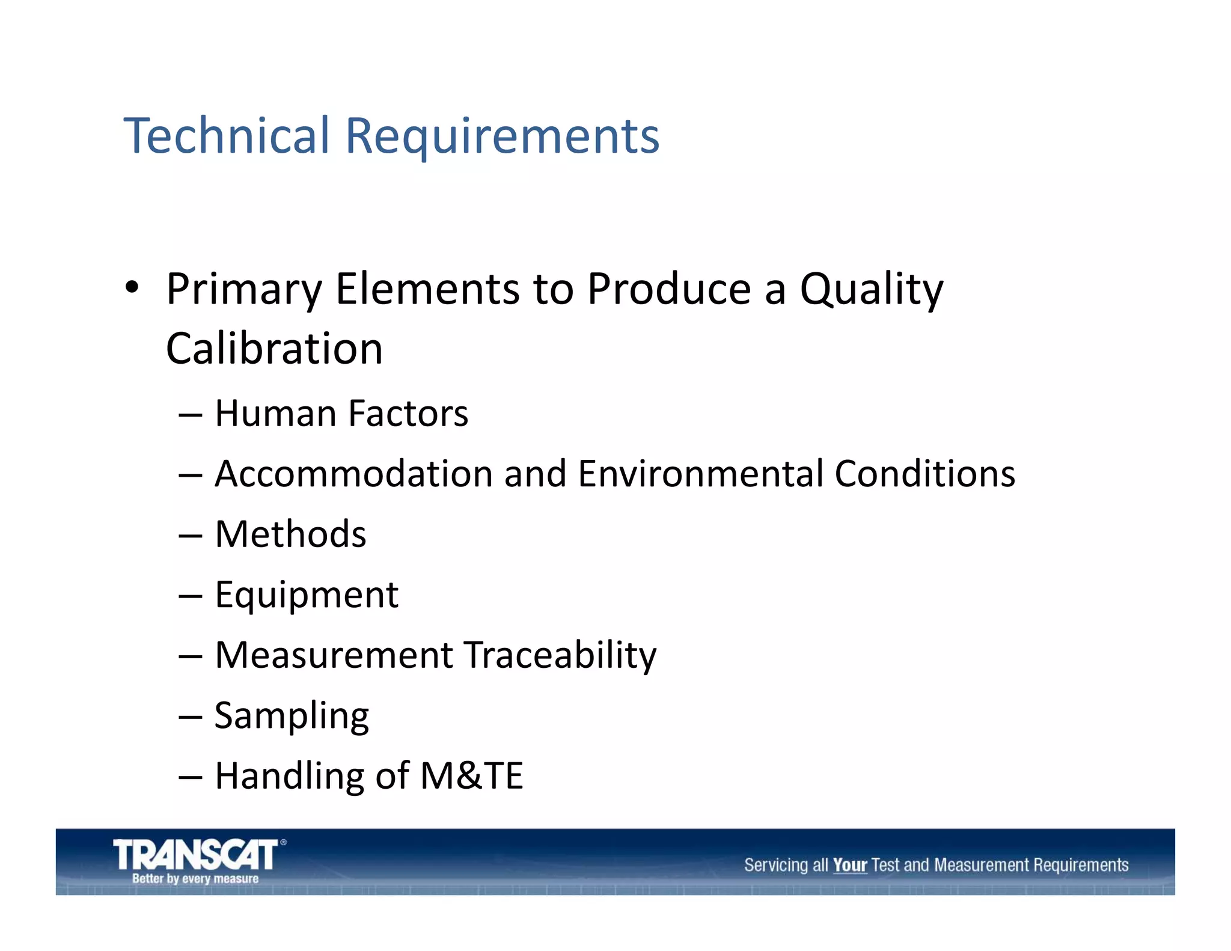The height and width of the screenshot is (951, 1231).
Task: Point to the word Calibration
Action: (x=274, y=349)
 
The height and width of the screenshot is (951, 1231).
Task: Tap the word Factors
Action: (x=408, y=414)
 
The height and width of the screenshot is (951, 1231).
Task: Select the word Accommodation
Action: (x=354, y=474)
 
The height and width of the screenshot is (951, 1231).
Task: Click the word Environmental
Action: (x=700, y=474)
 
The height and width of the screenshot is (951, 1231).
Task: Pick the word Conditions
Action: (x=925, y=474)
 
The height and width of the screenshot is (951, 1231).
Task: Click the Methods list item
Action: (x=290, y=534)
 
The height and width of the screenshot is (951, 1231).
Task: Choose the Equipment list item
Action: (x=307, y=595)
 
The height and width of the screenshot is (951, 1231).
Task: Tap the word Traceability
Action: (x=560, y=655)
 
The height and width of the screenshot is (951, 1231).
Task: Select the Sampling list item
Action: (x=292, y=716)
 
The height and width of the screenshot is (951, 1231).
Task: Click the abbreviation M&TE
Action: (x=472, y=775)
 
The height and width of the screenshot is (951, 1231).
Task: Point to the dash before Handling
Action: (x=191, y=777)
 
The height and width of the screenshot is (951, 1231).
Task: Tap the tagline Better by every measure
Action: (x=195, y=878)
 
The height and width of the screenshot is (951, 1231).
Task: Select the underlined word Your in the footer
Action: (x=849, y=865)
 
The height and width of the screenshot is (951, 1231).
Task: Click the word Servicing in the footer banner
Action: (x=776, y=865)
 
